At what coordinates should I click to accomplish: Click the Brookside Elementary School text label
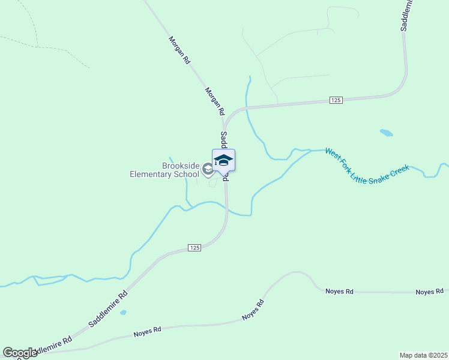(x=164, y=170)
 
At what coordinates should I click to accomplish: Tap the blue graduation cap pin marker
(x=223, y=161)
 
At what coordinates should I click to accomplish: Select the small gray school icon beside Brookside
(x=208, y=169)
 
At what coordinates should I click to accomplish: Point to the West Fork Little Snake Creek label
(x=367, y=161)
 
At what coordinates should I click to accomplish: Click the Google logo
(x=20, y=353)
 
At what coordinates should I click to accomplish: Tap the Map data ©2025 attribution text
(x=423, y=355)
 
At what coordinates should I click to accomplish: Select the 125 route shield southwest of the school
(x=194, y=248)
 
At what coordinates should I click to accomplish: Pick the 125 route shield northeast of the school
(x=336, y=100)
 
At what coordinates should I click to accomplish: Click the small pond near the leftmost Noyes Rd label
(x=123, y=313)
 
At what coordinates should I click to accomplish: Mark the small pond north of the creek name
(x=387, y=132)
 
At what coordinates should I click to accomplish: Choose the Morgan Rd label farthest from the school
(x=179, y=50)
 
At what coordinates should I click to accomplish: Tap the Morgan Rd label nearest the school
(x=214, y=101)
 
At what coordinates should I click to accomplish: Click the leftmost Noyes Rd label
(x=148, y=330)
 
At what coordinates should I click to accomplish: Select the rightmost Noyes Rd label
(x=430, y=292)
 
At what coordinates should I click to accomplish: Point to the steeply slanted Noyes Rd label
(x=253, y=308)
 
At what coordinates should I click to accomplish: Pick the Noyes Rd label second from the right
(x=339, y=291)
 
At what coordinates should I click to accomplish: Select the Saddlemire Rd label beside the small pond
(x=109, y=309)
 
